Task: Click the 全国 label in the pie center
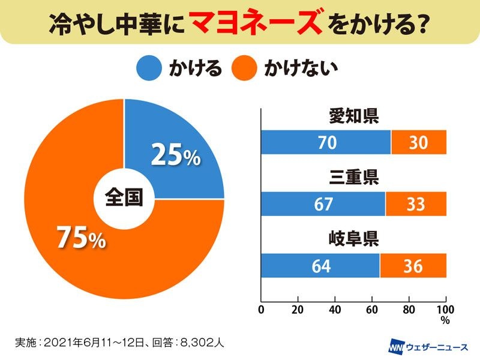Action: pos(124,198)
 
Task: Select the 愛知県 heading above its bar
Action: pos(354,116)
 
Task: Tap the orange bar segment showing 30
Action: pos(419,142)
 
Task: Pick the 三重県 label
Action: pos(354,179)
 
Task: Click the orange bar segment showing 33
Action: pos(416,204)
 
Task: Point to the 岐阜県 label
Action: pos(354,241)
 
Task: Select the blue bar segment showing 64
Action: pos(320,266)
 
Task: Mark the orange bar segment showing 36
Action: pos(413,266)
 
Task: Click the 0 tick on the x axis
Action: pos(261,310)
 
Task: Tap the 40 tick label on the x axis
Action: pos(335,310)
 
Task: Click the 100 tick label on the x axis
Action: pos(445,310)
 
